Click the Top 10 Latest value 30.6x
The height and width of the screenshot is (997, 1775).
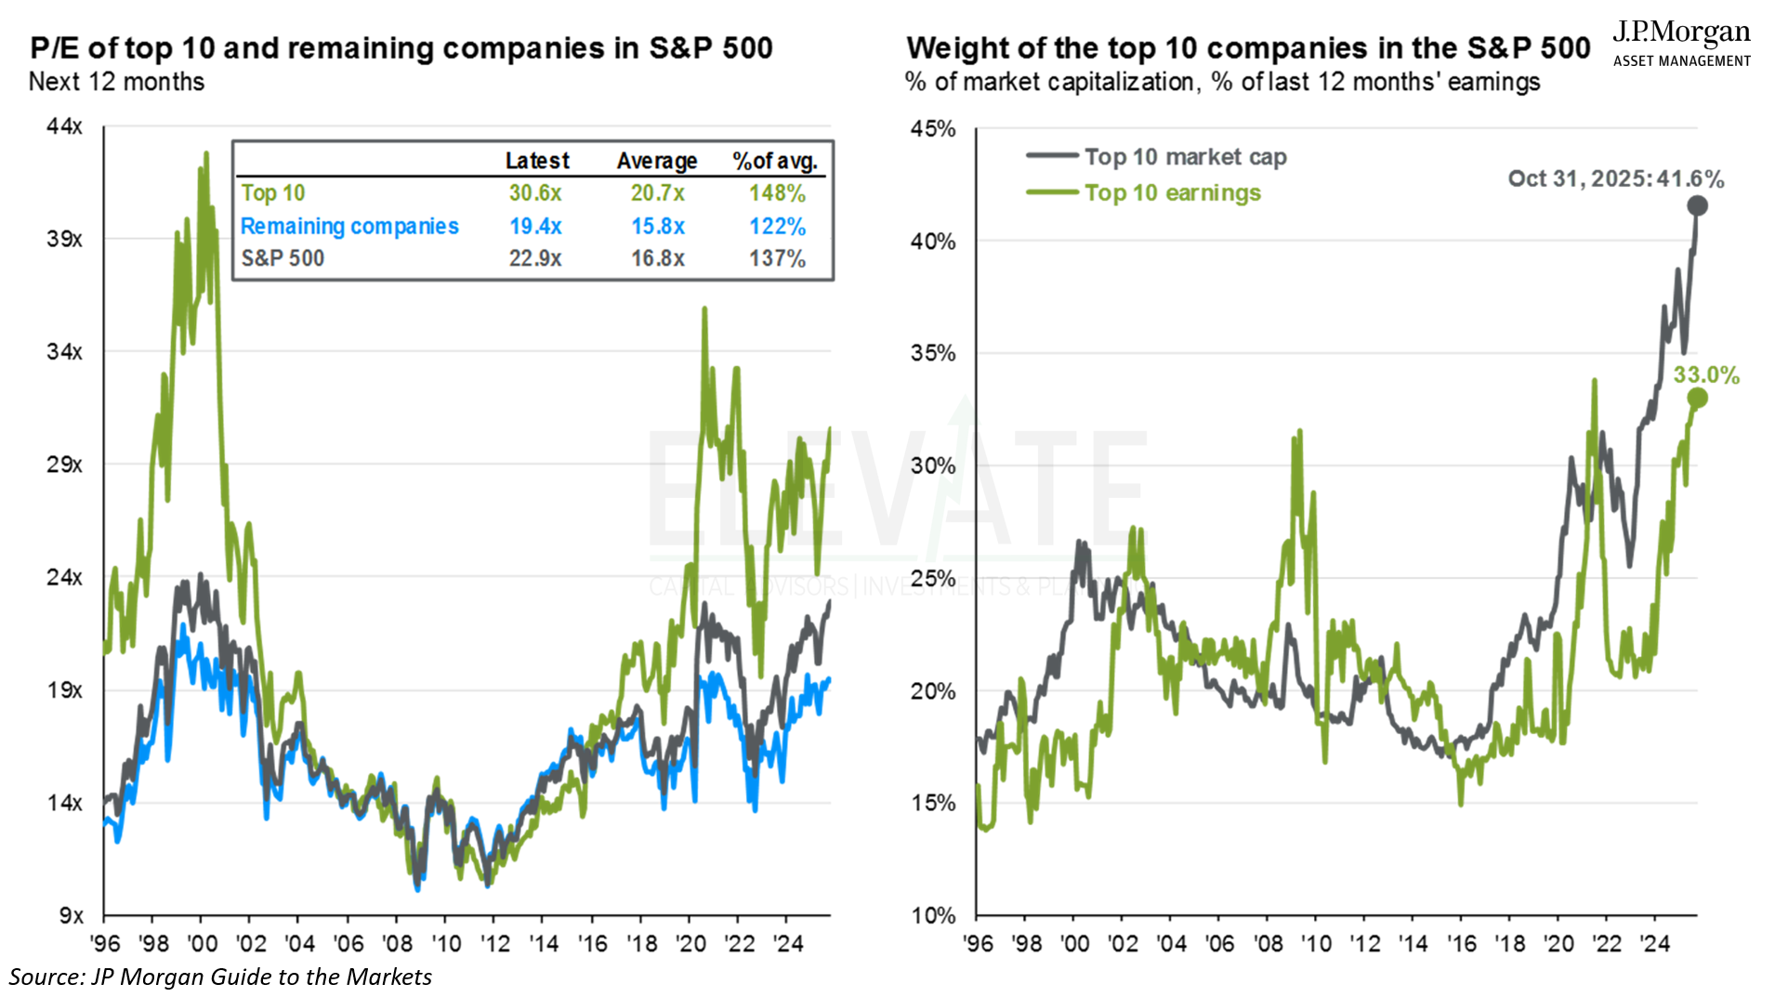(534, 193)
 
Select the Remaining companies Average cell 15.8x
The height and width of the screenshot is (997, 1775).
(657, 227)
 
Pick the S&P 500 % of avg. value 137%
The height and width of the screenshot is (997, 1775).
(777, 258)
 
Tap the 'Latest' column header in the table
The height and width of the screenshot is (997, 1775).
(537, 161)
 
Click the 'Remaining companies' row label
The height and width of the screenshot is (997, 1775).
(349, 227)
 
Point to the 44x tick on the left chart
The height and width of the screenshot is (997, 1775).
(64, 126)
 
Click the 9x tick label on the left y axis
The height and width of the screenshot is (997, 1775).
(71, 915)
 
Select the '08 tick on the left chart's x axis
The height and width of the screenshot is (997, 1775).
(397, 944)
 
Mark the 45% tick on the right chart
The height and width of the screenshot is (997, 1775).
(932, 129)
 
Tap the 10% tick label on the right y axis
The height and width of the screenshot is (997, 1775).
(932, 915)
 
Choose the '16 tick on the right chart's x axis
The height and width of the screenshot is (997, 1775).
(1461, 944)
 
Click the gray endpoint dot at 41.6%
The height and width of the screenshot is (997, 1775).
(1697, 205)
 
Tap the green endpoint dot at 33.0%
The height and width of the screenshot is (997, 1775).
(1697, 399)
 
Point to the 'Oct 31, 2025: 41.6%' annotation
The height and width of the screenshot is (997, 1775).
(1615, 179)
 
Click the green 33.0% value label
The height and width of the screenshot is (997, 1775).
(1706, 375)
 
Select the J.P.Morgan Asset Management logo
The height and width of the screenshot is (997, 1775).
(1681, 44)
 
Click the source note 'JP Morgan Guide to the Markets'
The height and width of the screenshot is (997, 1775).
(220, 977)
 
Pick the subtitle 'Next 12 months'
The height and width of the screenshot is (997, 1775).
(116, 82)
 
